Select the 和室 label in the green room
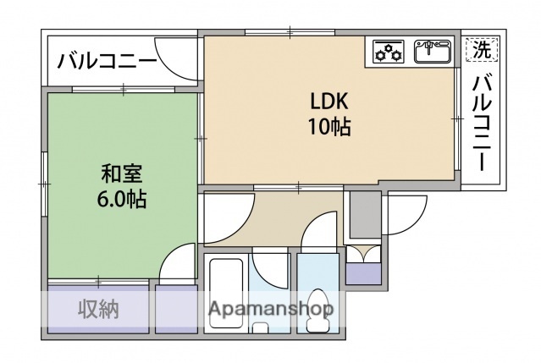[x=123, y=175]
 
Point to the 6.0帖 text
[x=123, y=200]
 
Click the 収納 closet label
[x=99, y=310]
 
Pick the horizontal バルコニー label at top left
[x=107, y=61]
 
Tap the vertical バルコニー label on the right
[x=482, y=122]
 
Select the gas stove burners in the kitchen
[x=389, y=52]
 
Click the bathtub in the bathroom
[x=227, y=292]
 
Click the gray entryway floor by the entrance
[x=365, y=213]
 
